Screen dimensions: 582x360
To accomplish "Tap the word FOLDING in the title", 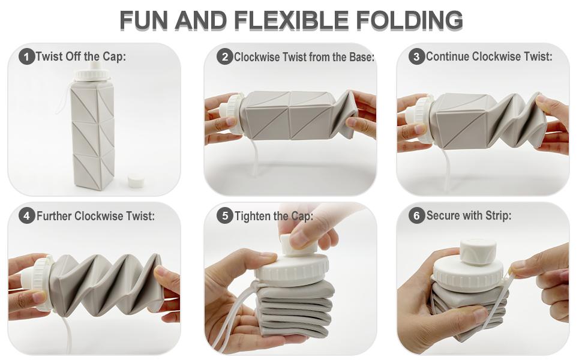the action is (410, 20).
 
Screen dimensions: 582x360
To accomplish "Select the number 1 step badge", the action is (26, 57).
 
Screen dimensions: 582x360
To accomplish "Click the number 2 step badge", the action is (225, 57).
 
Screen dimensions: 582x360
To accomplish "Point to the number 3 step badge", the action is (416, 57).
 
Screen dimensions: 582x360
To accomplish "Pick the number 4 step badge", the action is (26, 216).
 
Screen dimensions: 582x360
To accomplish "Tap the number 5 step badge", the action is (225, 215).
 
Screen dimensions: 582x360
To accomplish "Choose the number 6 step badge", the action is (416, 215).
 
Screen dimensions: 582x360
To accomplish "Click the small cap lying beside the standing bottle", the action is (136, 181).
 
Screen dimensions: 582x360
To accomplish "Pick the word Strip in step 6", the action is (498, 215).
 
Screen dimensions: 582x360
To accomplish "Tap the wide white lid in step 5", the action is (292, 269).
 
